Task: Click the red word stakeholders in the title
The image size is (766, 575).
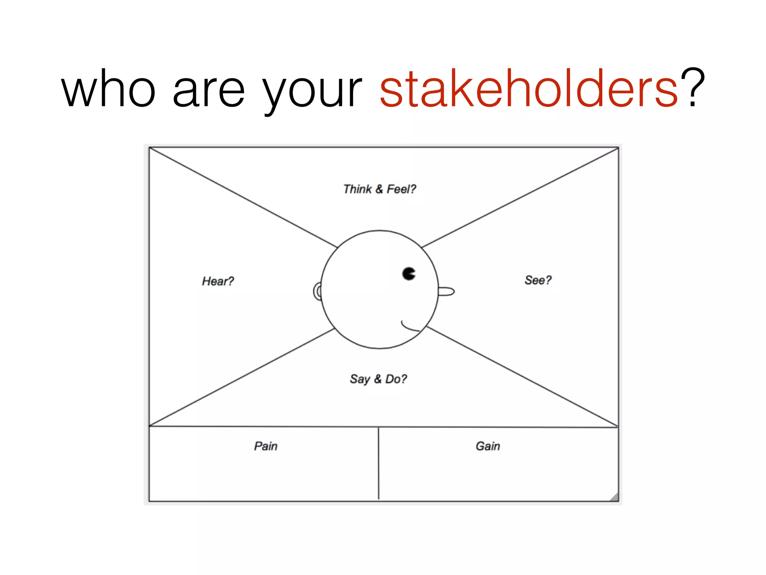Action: click(529, 89)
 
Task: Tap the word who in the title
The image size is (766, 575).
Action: click(108, 89)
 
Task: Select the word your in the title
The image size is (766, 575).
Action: click(312, 92)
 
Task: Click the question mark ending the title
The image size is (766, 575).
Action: click(693, 88)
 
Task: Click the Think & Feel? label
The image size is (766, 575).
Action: click(379, 189)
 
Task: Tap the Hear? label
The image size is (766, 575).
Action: click(218, 281)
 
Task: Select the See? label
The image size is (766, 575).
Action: click(538, 280)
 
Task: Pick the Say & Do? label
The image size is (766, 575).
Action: click(378, 379)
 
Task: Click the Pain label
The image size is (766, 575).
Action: click(266, 446)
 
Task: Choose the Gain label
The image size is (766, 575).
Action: click(488, 446)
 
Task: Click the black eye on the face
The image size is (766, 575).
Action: click(408, 274)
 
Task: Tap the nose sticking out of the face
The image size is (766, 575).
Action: click(447, 291)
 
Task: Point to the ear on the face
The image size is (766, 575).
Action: click(318, 291)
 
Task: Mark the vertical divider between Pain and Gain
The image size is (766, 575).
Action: click(379, 463)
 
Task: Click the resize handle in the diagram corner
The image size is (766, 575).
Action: click(614, 497)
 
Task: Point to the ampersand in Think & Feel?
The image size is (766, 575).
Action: click(379, 189)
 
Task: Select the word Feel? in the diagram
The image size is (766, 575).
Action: click(401, 189)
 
